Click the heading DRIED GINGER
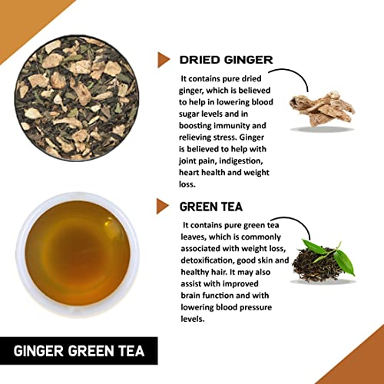[226, 60]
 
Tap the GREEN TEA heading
[211, 207]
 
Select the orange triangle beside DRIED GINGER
[164, 60]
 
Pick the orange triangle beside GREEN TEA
[163, 206]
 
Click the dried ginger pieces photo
[322, 110]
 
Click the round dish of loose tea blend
[77, 98]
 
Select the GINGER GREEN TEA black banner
[79, 351]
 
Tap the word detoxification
[207, 260]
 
